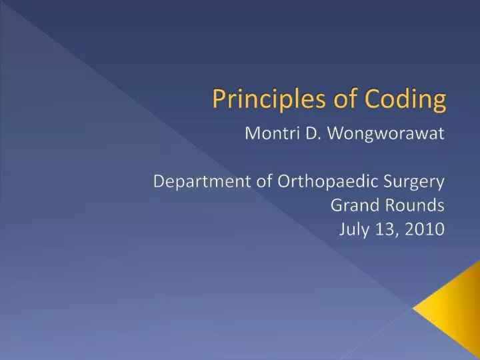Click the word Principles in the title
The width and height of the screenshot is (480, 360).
coord(262,99)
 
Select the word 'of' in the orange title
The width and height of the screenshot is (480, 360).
coord(340,99)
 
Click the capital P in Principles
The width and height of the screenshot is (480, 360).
coord(218,99)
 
